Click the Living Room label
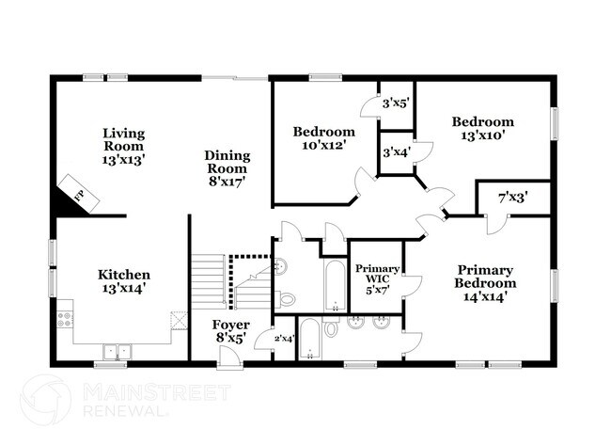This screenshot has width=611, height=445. [123, 146]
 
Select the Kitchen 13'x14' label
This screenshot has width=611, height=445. [122, 281]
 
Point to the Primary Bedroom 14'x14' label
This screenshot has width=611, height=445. [485, 282]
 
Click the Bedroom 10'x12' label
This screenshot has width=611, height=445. [323, 137]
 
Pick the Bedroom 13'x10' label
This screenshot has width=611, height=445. [483, 128]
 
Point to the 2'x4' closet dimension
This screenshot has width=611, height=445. [283, 338]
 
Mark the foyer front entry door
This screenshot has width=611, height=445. [227, 357]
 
